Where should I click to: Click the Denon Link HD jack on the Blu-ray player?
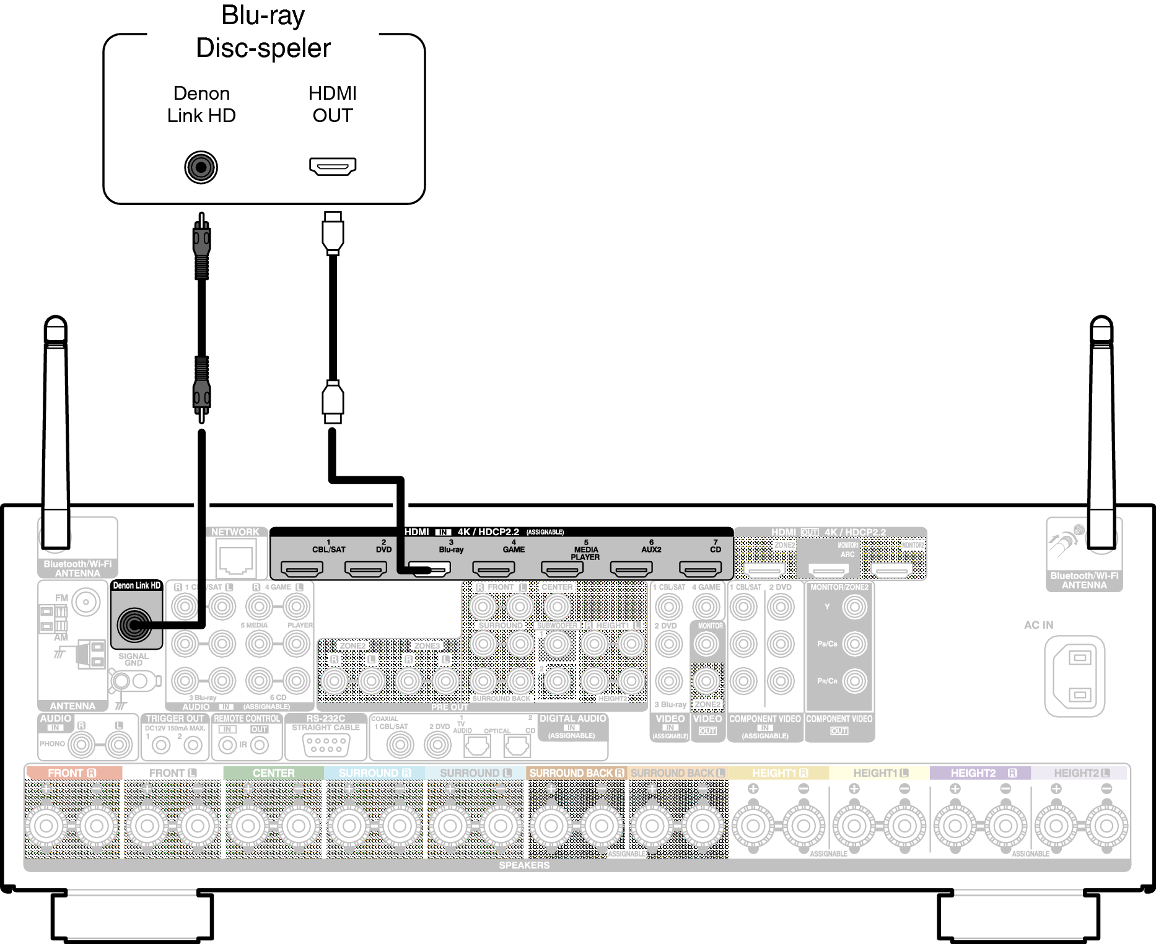click(x=201, y=167)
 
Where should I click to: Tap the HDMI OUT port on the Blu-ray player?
click(x=333, y=166)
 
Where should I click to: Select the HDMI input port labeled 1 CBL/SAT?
click(x=302, y=568)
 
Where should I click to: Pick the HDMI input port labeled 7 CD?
click(x=700, y=568)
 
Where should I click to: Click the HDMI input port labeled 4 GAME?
click(x=493, y=568)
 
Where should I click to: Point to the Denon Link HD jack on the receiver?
click(x=134, y=625)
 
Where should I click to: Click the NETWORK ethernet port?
click(x=235, y=557)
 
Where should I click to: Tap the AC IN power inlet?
click(x=1075, y=676)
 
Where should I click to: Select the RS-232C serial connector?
click(x=326, y=744)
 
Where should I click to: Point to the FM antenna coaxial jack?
click(x=86, y=601)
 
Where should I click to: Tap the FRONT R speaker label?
click(x=72, y=773)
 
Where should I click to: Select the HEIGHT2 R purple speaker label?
click(x=982, y=773)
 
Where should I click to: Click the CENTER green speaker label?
click(x=273, y=773)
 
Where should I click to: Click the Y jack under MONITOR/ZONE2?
click(x=854, y=607)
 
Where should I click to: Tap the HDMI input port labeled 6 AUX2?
click(x=631, y=568)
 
